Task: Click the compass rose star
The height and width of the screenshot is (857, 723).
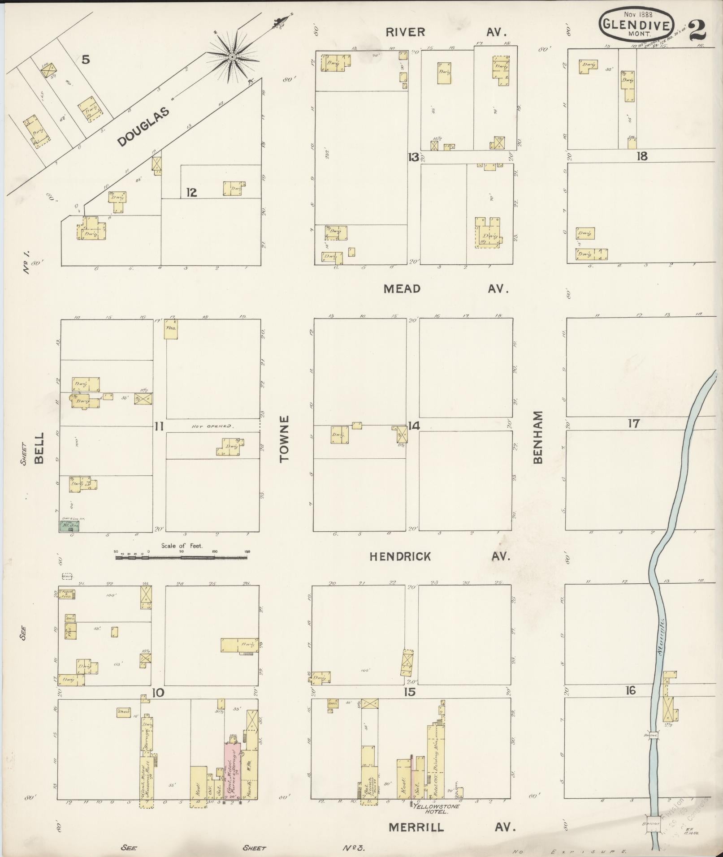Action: coord(233,57)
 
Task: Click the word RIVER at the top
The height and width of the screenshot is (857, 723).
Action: coord(405,32)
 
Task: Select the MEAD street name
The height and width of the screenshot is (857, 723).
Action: coord(402,289)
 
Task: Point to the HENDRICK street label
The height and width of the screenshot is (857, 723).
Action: coord(400,556)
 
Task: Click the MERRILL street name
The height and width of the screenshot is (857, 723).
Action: coord(416,827)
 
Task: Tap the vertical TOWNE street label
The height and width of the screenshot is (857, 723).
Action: coord(285,439)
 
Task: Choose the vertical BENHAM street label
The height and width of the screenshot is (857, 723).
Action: coord(538,437)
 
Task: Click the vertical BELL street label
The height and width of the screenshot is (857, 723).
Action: coord(39,448)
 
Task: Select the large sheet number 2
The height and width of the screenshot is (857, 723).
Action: coord(697,30)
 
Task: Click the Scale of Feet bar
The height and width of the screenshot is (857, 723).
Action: coord(181,557)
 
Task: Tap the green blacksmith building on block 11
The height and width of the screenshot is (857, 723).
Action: coord(67,525)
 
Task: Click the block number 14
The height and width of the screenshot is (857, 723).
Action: coord(413,426)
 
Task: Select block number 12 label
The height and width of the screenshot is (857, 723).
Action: coord(191,193)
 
